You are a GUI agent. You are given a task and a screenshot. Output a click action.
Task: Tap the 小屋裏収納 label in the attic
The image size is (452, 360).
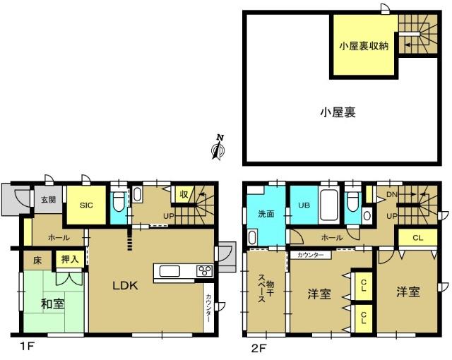364,47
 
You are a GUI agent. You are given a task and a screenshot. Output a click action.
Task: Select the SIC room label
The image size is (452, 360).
86,205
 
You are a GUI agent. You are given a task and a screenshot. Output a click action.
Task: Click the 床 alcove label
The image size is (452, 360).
38,260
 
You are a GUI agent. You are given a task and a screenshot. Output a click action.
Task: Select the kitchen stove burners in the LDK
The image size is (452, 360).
204,271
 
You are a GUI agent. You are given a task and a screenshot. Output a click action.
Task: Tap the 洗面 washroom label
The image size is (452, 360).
266,212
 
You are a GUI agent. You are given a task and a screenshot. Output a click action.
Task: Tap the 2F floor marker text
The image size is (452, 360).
258,347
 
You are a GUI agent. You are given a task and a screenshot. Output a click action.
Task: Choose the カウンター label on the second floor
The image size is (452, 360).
310,254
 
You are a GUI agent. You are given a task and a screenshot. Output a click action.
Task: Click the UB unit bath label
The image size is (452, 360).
303,205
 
